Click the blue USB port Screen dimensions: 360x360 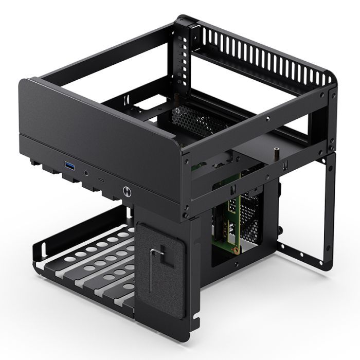click(69, 165)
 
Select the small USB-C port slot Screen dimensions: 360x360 click(102, 181)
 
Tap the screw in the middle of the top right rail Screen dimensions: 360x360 click(269, 118)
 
